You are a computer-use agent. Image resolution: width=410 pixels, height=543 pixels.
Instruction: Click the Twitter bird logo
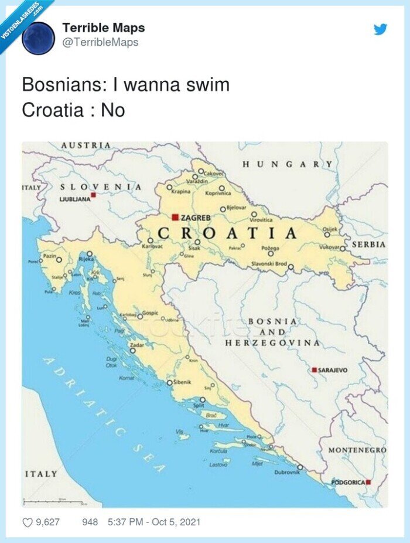pos(381,29)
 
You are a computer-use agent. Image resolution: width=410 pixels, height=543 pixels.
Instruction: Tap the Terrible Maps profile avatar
pos(38,38)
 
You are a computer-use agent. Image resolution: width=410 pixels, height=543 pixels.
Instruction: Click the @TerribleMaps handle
pos(100,42)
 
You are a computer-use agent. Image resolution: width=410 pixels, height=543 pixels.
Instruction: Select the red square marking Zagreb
pos(175,217)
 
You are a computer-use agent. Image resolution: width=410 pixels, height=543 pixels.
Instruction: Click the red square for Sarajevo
pos(315,370)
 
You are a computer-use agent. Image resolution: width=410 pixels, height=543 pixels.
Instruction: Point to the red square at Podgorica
pos(368,482)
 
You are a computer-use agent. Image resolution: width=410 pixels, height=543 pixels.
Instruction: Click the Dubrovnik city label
pos(286,471)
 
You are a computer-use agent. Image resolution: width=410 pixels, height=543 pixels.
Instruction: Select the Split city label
pos(199,405)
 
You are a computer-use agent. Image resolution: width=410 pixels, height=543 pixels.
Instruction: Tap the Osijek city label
pos(330,228)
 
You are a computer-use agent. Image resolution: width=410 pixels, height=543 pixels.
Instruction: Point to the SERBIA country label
pos(368,244)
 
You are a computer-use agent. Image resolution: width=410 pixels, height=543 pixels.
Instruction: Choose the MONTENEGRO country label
pos(357,450)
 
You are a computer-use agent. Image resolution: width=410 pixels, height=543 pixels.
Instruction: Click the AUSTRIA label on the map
pos(86,145)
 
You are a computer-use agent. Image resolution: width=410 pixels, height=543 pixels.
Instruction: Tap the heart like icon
pos(28,522)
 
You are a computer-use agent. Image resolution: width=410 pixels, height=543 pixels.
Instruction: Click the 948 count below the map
pos(90,522)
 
